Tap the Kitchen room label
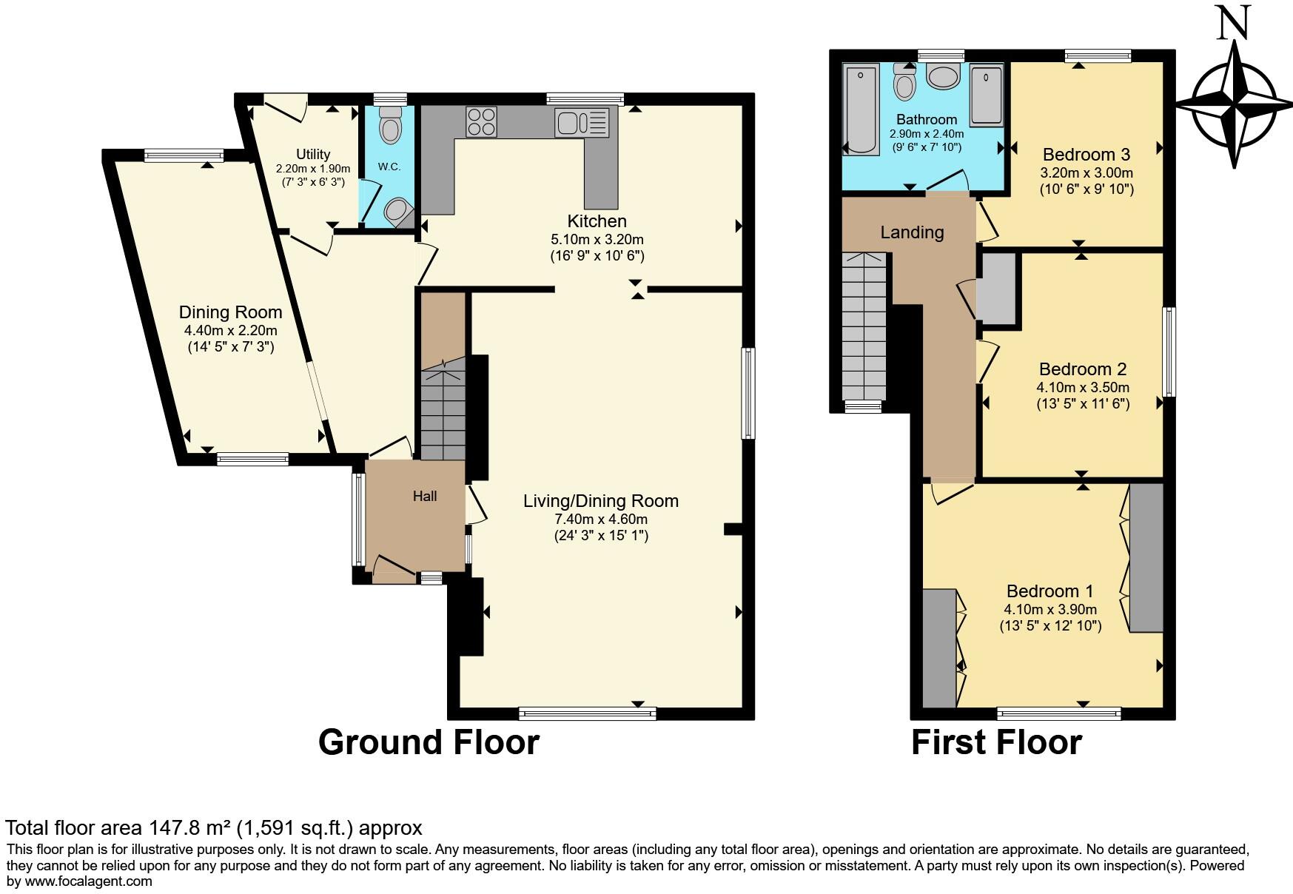[x=597, y=221]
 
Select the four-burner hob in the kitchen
[x=481, y=122]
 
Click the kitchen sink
[x=582, y=122]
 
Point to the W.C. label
[x=389, y=167]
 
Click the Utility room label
[x=313, y=155]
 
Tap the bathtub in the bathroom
[x=861, y=110]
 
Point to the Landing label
[x=912, y=232]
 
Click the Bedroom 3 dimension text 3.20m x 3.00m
[x=1086, y=173]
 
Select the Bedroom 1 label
[x=1049, y=591]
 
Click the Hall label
[x=425, y=497]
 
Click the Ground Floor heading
[x=429, y=742]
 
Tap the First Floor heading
[x=996, y=742]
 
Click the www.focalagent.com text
[x=89, y=881]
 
